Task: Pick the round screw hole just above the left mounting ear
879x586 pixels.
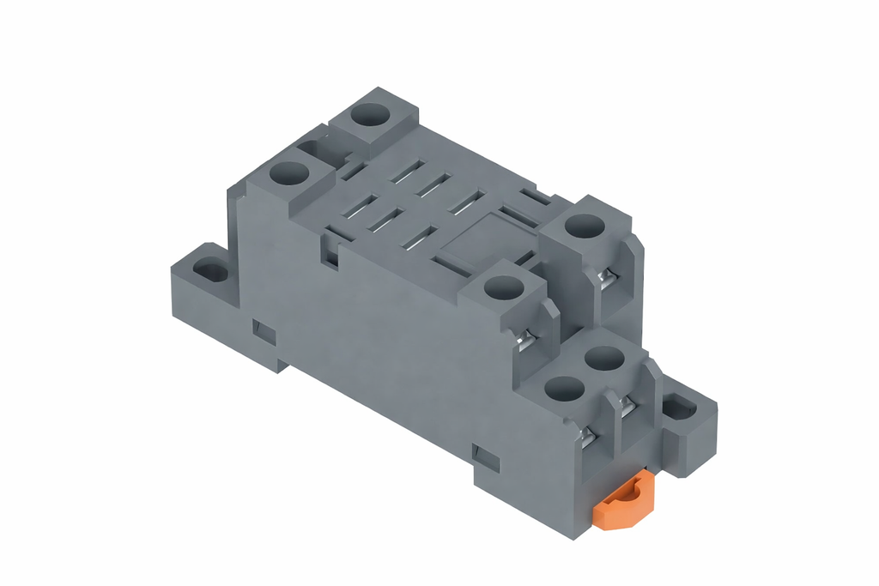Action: coord(288,174)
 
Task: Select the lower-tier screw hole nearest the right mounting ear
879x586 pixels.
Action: coord(605,357)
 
